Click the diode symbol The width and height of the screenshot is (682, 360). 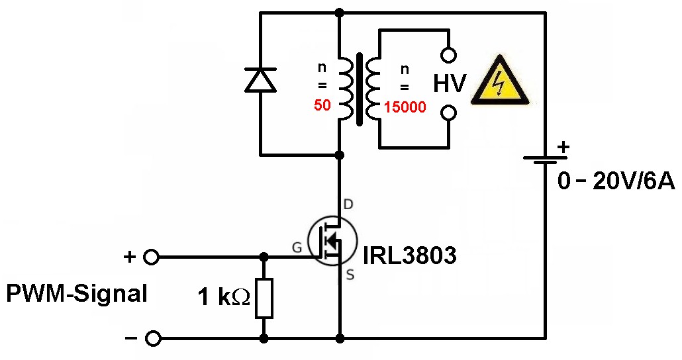(x=260, y=80)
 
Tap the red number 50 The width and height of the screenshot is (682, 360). (x=322, y=105)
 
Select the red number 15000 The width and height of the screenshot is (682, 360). (x=405, y=106)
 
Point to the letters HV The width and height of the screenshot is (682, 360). (x=450, y=84)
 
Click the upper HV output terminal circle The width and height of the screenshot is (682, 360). (x=449, y=55)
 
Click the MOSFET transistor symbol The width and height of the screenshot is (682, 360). (x=332, y=242)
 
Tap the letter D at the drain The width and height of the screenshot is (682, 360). (x=349, y=205)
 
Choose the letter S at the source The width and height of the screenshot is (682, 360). (x=350, y=275)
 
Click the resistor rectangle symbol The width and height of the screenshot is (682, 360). (x=264, y=298)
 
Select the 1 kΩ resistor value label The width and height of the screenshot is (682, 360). (x=224, y=297)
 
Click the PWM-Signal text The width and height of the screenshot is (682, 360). (x=76, y=293)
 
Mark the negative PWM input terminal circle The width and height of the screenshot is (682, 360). (x=153, y=339)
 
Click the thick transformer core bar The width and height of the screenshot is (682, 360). (x=359, y=89)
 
